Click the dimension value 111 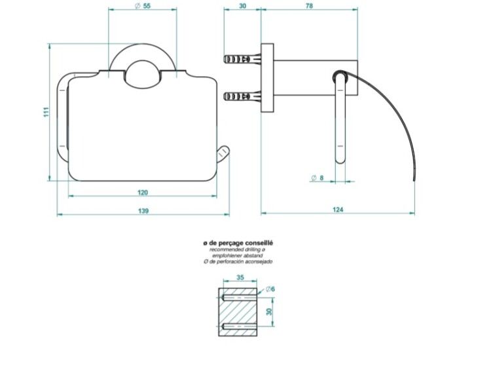tap(46, 112)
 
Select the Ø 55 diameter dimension tap(143, 6)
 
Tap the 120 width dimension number tap(143, 193)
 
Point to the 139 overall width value tap(143, 211)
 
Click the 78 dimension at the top tap(309, 6)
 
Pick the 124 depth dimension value tap(338, 210)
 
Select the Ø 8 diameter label tap(318, 178)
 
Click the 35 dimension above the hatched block tap(240, 277)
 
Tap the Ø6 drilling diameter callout tap(270, 289)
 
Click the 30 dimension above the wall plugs tap(243, 6)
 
